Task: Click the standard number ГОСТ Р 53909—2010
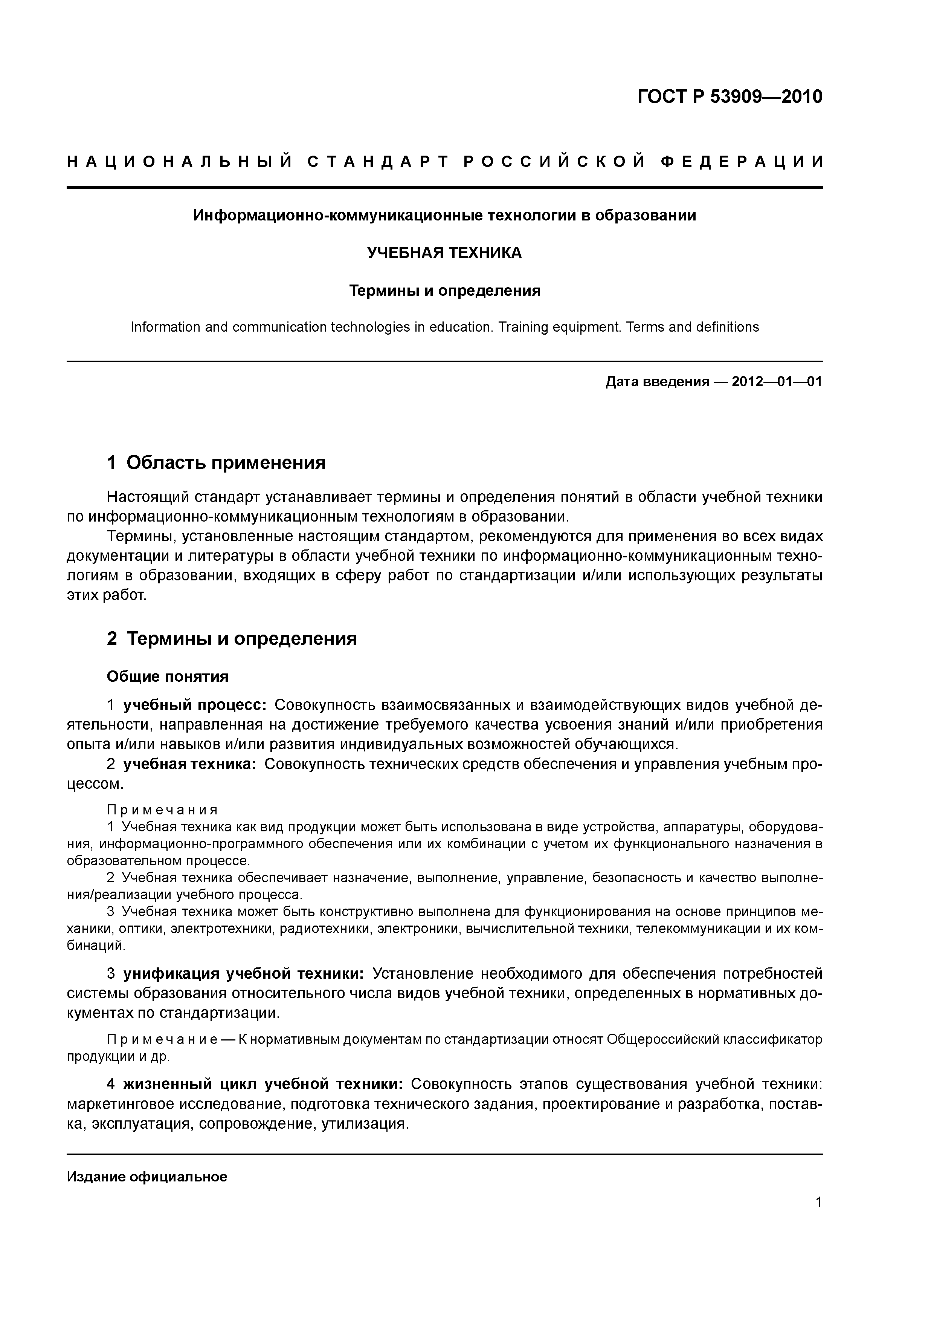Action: click(x=730, y=97)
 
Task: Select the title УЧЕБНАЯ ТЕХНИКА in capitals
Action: click(x=444, y=253)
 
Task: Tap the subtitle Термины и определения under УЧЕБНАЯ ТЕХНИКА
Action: click(x=445, y=291)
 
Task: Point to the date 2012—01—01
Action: click(x=777, y=382)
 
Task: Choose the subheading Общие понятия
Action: click(x=168, y=676)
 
